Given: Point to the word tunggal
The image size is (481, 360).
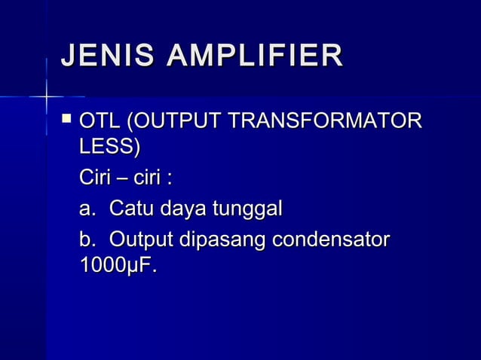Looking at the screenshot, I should click(x=248, y=210).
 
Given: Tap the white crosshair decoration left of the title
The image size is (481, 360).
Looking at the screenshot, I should click(x=46, y=96).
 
